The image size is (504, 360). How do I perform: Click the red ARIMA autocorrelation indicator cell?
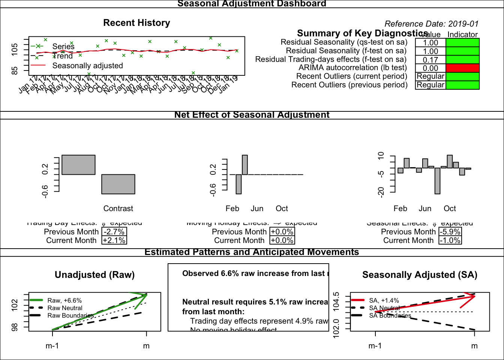point(462,68)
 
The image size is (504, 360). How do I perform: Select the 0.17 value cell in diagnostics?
point(430,60)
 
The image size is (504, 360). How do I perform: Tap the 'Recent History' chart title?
point(136,23)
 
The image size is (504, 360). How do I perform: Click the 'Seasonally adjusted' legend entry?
point(87,66)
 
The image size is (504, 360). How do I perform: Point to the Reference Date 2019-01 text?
point(432,24)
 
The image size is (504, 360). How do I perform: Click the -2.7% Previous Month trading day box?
point(114,232)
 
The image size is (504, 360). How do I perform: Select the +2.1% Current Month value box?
point(114,240)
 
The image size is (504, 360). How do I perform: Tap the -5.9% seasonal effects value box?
point(450,232)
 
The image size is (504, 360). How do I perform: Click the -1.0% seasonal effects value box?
point(450,240)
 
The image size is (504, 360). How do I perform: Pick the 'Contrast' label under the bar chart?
point(118,208)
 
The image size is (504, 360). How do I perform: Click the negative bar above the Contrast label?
point(118,184)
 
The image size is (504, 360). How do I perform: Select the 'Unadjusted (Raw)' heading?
point(94,275)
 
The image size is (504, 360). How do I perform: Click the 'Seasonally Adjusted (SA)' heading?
point(420,275)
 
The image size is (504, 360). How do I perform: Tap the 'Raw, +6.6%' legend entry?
point(64,300)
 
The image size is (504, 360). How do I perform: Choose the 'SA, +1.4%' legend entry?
point(384,300)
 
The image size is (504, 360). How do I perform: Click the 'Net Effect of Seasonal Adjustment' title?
point(252,115)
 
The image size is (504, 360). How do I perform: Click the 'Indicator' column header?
point(462,34)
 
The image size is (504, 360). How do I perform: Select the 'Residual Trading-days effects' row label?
point(331,59)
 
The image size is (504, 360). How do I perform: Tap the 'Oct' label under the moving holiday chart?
point(282,208)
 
